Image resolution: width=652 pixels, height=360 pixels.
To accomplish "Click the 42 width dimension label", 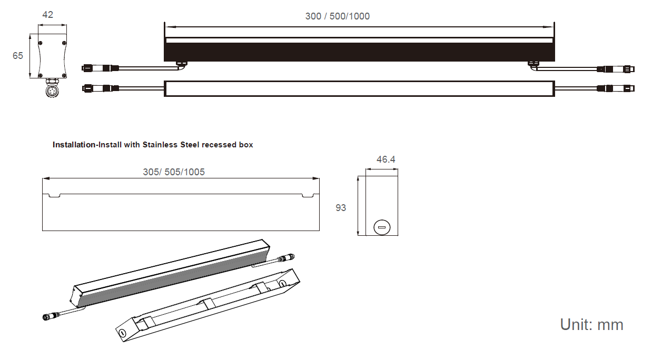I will (47, 15).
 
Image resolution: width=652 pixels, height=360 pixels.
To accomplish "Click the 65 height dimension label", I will (18, 55).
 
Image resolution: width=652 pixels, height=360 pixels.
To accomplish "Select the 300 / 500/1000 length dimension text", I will (338, 16).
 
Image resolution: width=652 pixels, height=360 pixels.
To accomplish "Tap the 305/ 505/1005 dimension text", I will (174, 172).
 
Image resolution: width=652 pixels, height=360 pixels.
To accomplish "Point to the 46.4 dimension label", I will (386, 159).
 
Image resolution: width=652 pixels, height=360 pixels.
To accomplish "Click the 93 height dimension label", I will (341, 208).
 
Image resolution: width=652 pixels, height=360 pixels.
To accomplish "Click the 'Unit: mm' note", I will (591, 325).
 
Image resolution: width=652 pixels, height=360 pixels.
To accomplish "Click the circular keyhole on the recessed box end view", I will (381, 228).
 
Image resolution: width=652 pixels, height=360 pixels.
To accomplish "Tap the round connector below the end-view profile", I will (52, 92).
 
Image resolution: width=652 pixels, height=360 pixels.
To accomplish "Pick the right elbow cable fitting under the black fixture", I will (533, 65).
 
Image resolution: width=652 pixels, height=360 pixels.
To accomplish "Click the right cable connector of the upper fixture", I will (616, 69).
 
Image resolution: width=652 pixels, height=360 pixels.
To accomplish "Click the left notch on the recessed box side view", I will (54, 196).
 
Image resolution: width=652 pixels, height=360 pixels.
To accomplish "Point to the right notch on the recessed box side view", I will (308, 196).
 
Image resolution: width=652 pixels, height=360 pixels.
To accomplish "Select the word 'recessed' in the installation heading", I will (217, 145).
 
